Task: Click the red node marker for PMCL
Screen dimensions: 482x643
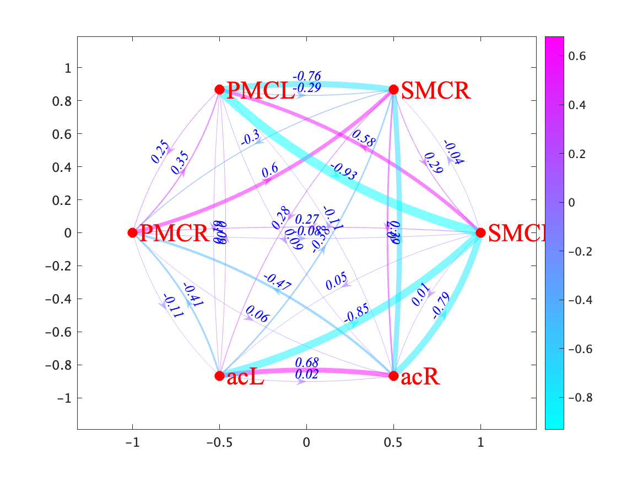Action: (x=219, y=89)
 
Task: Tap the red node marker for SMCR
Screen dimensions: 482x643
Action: (x=393, y=89)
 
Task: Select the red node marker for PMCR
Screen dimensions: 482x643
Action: (x=132, y=232)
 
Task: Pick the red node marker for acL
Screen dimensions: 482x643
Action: (x=219, y=376)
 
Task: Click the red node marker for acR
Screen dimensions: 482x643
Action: (x=393, y=376)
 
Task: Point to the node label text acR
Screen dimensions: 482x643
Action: (x=420, y=377)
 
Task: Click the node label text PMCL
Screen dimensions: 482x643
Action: (x=260, y=91)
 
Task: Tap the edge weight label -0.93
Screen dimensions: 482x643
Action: (x=344, y=172)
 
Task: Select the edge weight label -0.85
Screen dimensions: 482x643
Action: (x=357, y=313)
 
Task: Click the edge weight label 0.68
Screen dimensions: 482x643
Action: (x=306, y=362)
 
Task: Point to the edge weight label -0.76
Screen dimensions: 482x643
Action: (x=306, y=76)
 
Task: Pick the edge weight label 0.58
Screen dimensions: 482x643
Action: (x=363, y=138)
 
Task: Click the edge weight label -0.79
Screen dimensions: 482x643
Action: (x=441, y=306)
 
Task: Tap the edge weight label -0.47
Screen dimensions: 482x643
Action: (x=277, y=282)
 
